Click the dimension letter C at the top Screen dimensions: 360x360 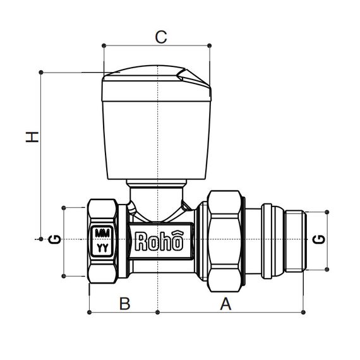(x=161, y=37)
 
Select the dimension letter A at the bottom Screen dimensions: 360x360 (x=224, y=304)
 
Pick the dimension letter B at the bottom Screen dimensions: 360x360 (x=124, y=304)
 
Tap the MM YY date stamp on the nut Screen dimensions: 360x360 (x=101, y=240)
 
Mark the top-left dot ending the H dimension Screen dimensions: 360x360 (x=42, y=72)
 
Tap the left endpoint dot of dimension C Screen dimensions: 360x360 (x=102, y=45)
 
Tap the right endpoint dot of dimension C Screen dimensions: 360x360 (x=209, y=45)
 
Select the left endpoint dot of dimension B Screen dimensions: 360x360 (x=88, y=311)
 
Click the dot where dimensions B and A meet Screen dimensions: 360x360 (x=156, y=311)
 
